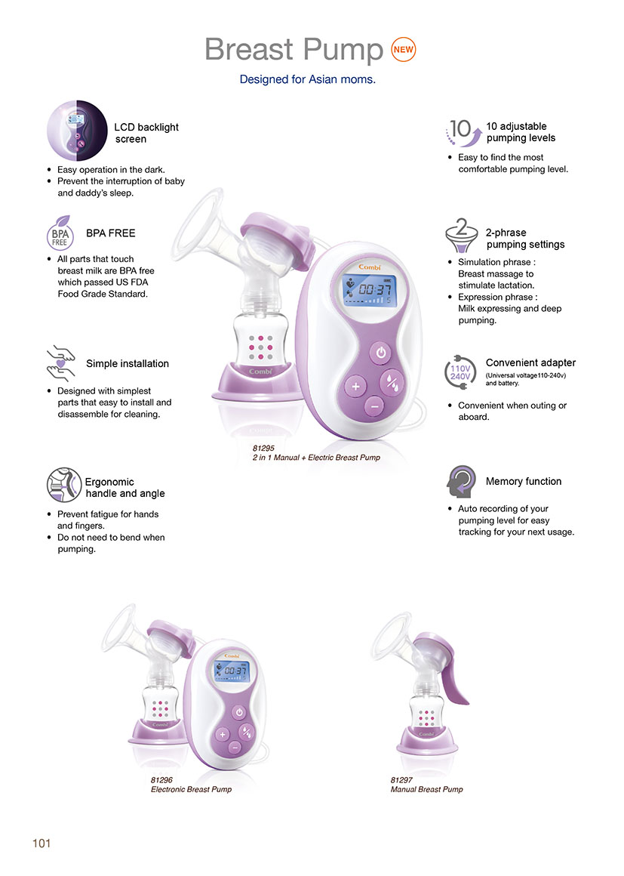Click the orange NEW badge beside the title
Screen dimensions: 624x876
pos(403,49)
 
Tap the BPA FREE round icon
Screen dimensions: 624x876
pos(60,233)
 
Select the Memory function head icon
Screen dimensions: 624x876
pos(461,482)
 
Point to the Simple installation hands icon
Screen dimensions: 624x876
pos(61,363)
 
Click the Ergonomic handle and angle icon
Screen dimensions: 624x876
pos(64,485)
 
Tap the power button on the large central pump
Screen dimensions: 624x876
pos(380,353)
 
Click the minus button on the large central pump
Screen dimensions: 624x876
pos(374,406)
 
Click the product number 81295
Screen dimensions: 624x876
pos(263,448)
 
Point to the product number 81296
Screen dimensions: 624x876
pos(162,780)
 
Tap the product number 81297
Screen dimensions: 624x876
pos(402,780)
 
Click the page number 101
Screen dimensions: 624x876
pos(41,843)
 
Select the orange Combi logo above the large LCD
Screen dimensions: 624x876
pos(370,267)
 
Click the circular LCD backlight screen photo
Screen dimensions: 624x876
pos(77,131)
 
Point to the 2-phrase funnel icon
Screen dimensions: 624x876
pos(462,235)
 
